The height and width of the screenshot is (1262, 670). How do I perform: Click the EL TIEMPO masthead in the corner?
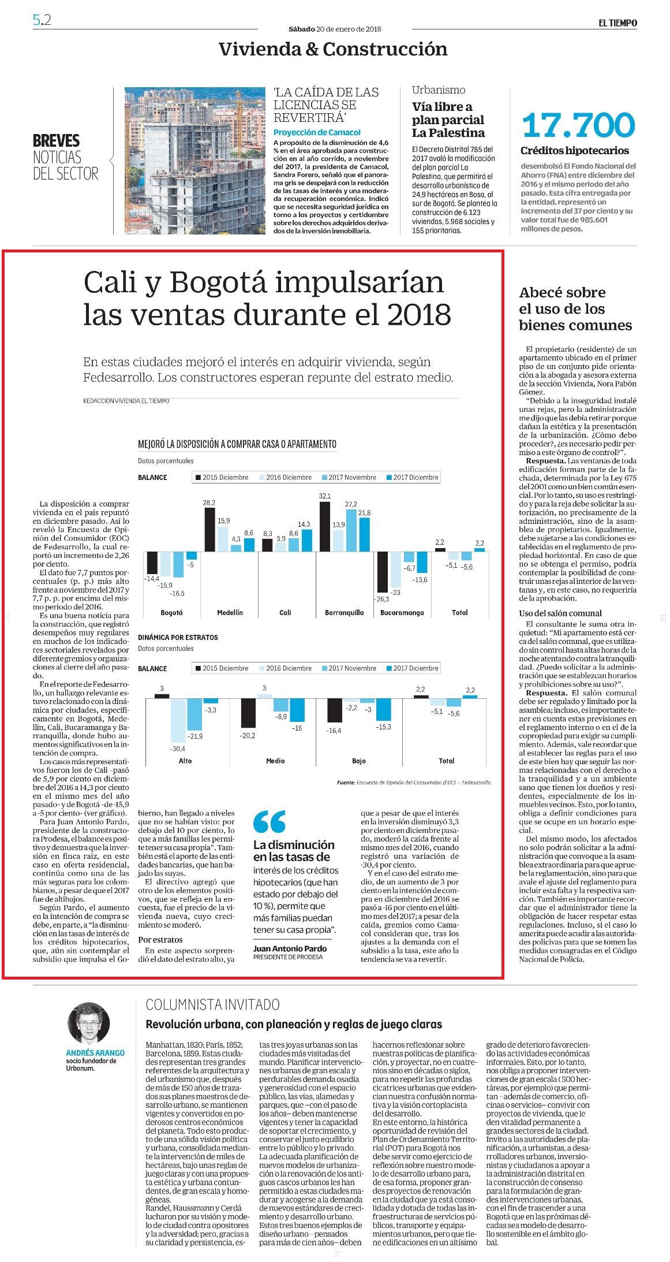(617, 23)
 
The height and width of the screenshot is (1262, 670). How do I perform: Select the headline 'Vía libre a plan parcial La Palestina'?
(448, 120)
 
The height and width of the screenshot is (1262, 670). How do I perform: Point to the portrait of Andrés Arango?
(89, 1023)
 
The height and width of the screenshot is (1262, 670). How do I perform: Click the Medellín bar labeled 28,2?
(210, 530)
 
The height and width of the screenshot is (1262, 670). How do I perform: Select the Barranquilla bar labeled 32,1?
(325, 527)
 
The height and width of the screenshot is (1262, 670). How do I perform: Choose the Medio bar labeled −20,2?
(248, 713)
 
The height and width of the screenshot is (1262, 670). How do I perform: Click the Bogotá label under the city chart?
(171, 612)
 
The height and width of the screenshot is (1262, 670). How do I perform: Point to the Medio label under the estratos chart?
(275, 761)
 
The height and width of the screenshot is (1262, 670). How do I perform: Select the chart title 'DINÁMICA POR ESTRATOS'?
(178, 637)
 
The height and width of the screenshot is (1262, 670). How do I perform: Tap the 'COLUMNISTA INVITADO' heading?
(213, 1004)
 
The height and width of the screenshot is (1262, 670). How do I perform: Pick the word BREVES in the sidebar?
(57, 141)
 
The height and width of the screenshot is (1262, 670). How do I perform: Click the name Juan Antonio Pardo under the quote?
(290, 948)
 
